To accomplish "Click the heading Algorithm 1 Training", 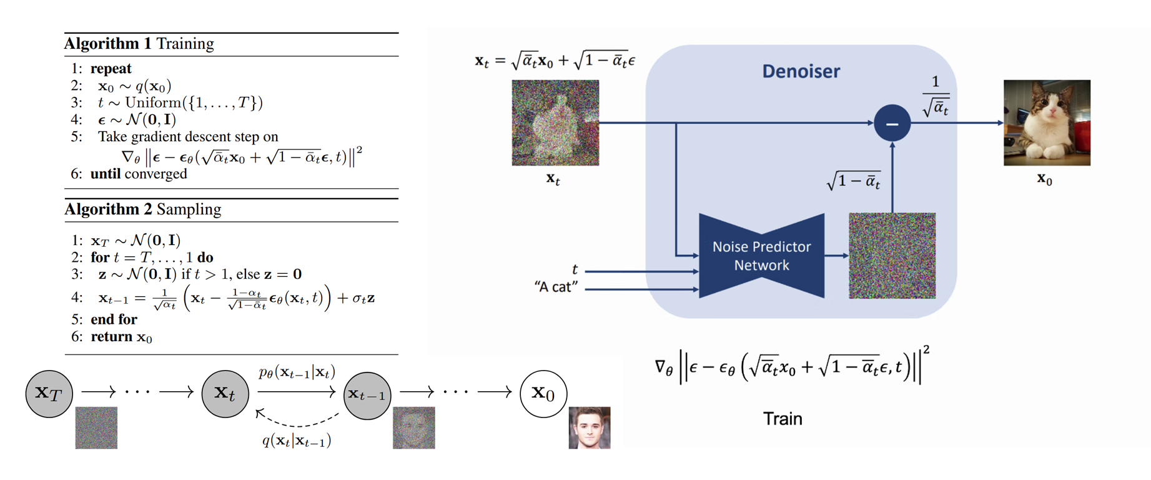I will point(139,44).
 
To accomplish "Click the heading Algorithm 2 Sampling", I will point(142,209).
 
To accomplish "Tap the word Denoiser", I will point(801,71).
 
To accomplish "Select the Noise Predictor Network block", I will point(761,256).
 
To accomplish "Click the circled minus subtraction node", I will point(892,124).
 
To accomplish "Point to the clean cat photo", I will point(1047,122).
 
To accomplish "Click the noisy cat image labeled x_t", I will point(555,122).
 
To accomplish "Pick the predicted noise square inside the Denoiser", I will point(892,256).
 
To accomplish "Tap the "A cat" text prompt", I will point(556,287).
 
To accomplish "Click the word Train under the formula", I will point(783,419).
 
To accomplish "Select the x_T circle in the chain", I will point(49,393).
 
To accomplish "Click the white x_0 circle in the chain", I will point(543,394).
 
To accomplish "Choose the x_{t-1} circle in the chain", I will point(367,395).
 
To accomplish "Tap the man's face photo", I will point(590,428).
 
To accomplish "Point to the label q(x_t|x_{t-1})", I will point(297,441).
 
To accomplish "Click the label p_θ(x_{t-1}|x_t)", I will point(297,372).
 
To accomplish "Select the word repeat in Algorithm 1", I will point(111,69).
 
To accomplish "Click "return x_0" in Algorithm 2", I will point(121,337).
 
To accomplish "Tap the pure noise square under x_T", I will point(96,428).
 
